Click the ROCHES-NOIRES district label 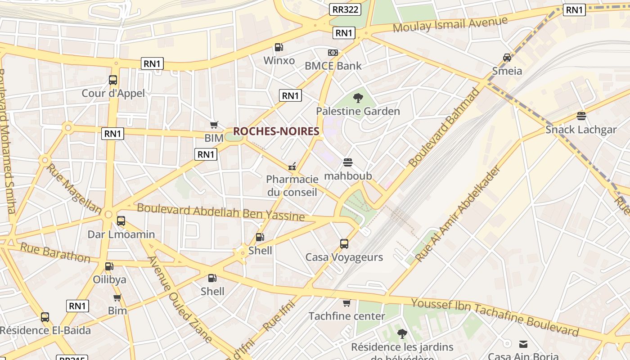(x=276, y=131)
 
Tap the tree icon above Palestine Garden (x=358, y=98)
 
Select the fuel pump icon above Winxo (x=279, y=47)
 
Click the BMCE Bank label (x=333, y=66)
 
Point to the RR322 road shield (x=345, y=9)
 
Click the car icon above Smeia (x=507, y=58)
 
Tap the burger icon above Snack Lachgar (x=581, y=116)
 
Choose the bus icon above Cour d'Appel (x=113, y=80)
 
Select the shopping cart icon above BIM (x=214, y=125)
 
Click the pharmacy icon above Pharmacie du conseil (x=292, y=166)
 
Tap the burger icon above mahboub (x=347, y=162)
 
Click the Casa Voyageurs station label (x=344, y=257)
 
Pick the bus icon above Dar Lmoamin (x=121, y=221)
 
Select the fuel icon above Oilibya (x=109, y=266)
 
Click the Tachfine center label (x=346, y=316)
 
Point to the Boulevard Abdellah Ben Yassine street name (x=220, y=212)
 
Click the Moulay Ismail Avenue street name (x=450, y=24)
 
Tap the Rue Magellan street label (x=74, y=188)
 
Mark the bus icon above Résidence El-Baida (x=45, y=317)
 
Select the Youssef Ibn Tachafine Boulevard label (x=495, y=317)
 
